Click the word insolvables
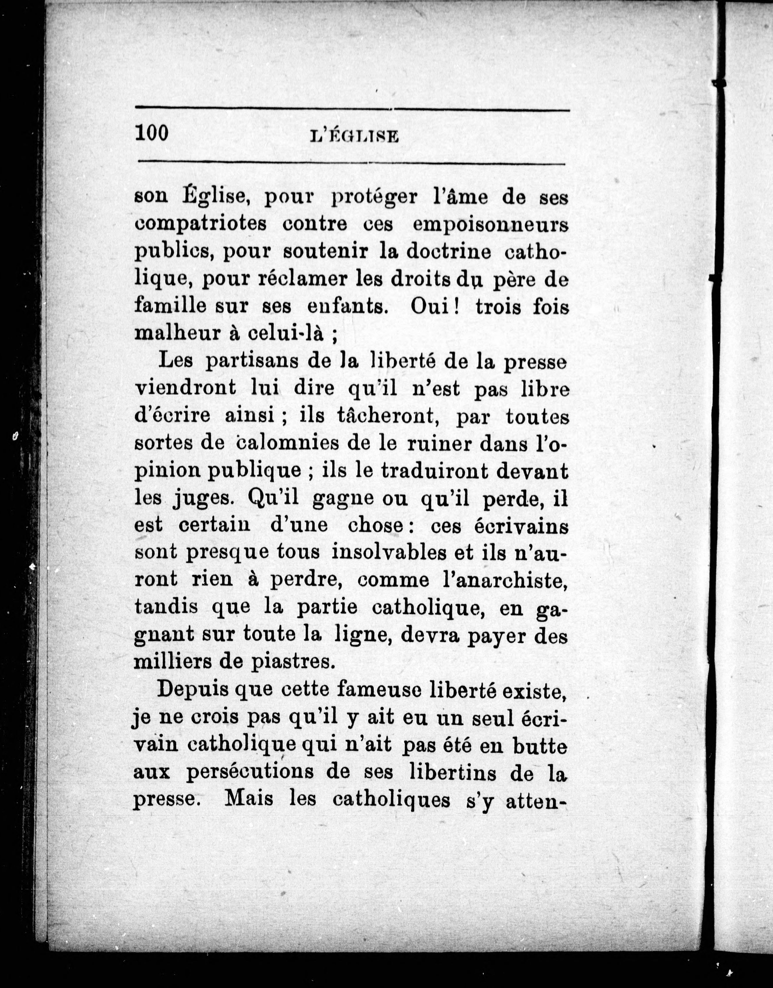point(389,553)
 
